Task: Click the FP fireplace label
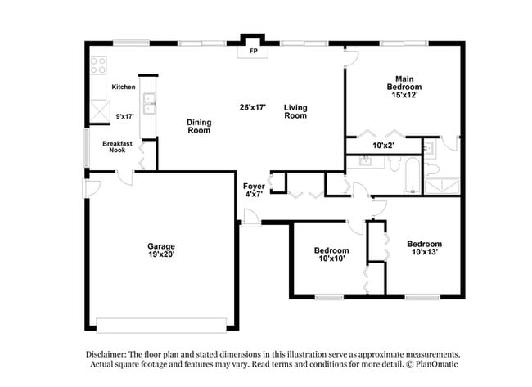(x=252, y=51)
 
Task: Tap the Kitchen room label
(x=123, y=87)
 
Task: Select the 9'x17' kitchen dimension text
(x=123, y=117)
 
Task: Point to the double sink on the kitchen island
(x=149, y=103)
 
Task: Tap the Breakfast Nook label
(x=117, y=147)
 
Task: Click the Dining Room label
(x=199, y=127)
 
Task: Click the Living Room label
(x=295, y=111)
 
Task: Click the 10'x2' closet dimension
(x=384, y=146)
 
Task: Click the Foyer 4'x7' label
(x=254, y=191)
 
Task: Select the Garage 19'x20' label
(x=160, y=250)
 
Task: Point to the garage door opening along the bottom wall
(x=162, y=321)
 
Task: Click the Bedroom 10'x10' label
(x=331, y=254)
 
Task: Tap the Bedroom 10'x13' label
(x=424, y=248)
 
